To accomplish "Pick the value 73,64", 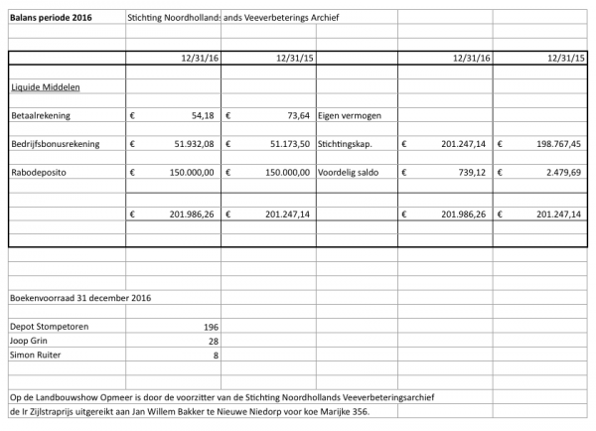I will pos(298,115).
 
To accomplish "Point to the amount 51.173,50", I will pos(287,144).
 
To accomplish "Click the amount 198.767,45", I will pos(553,144).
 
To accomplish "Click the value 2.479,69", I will pos(562,172).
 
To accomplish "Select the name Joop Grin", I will pos(30,341).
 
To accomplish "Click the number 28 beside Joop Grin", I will pos(213,341).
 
